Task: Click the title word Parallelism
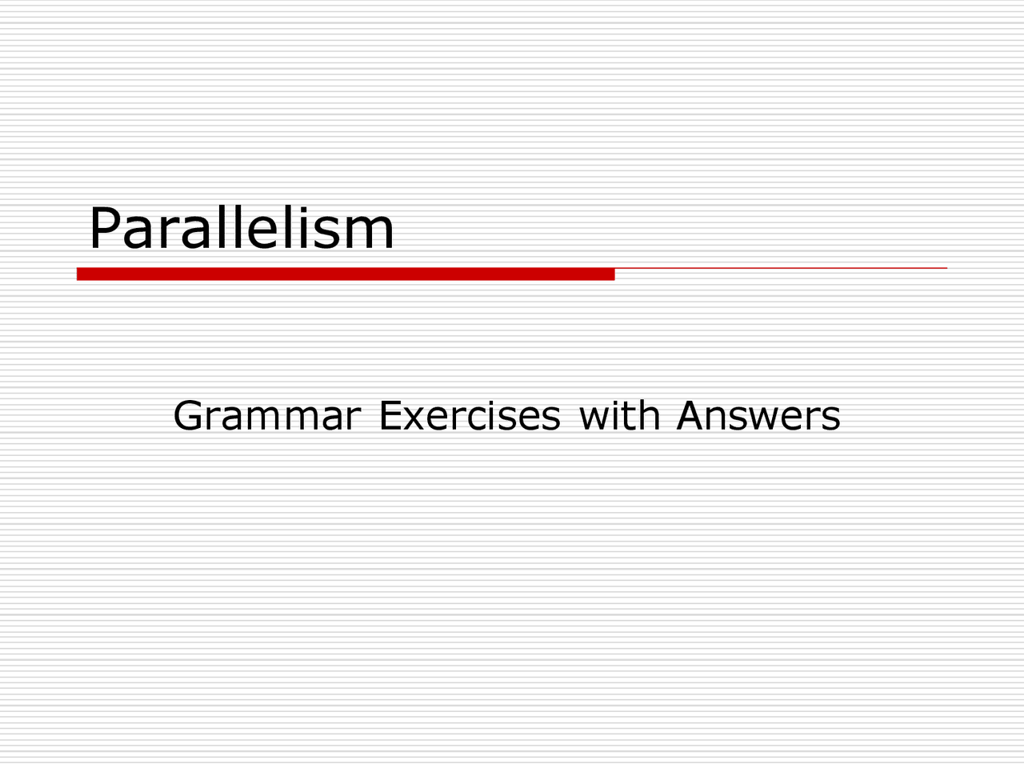[241, 228]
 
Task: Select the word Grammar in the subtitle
[267, 416]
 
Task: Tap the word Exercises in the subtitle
[470, 416]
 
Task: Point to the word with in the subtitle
[619, 415]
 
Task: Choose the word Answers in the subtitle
[758, 416]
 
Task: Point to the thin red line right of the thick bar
[781, 268]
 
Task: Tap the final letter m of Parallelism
[372, 234]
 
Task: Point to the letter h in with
[650, 415]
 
